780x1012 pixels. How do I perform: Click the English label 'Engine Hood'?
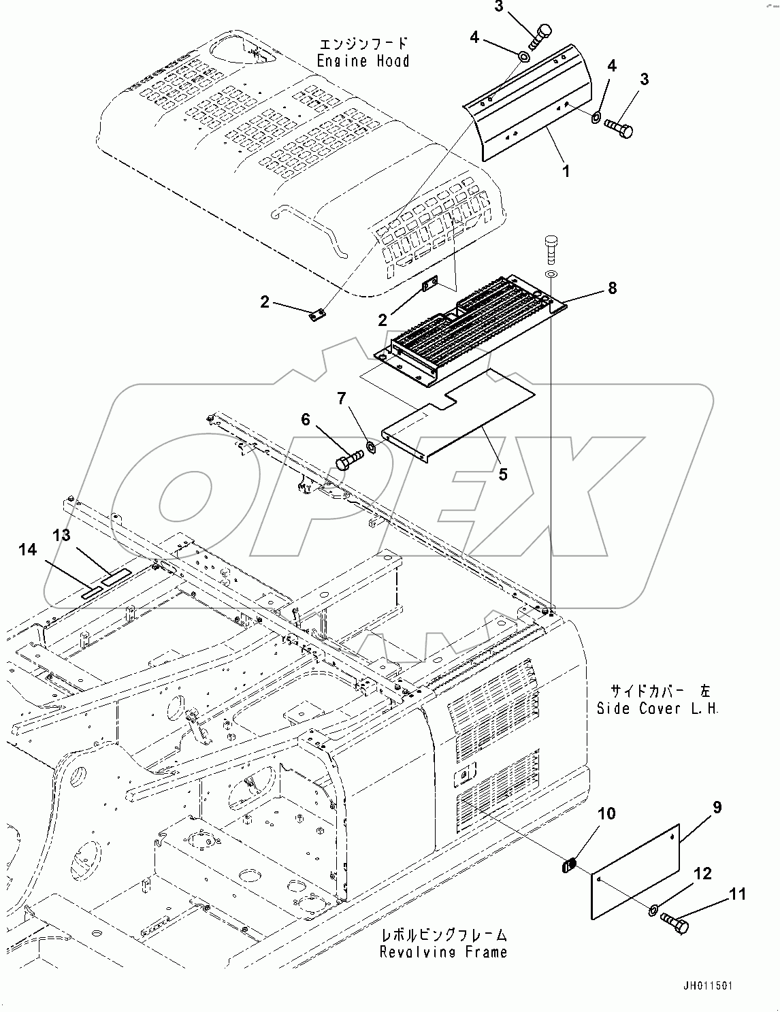coord(363,61)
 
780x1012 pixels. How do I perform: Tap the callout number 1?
coord(565,172)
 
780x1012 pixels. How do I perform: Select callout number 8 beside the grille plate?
coord(612,288)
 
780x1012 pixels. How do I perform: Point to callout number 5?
coord(502,474)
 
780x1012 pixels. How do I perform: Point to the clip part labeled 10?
coord(570,866)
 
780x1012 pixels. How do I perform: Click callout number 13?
coord(61,536)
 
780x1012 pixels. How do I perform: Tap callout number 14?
coord(27,550)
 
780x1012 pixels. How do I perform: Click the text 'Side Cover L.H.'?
coord(657,708)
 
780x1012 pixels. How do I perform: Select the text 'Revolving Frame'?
coord(443,951)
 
